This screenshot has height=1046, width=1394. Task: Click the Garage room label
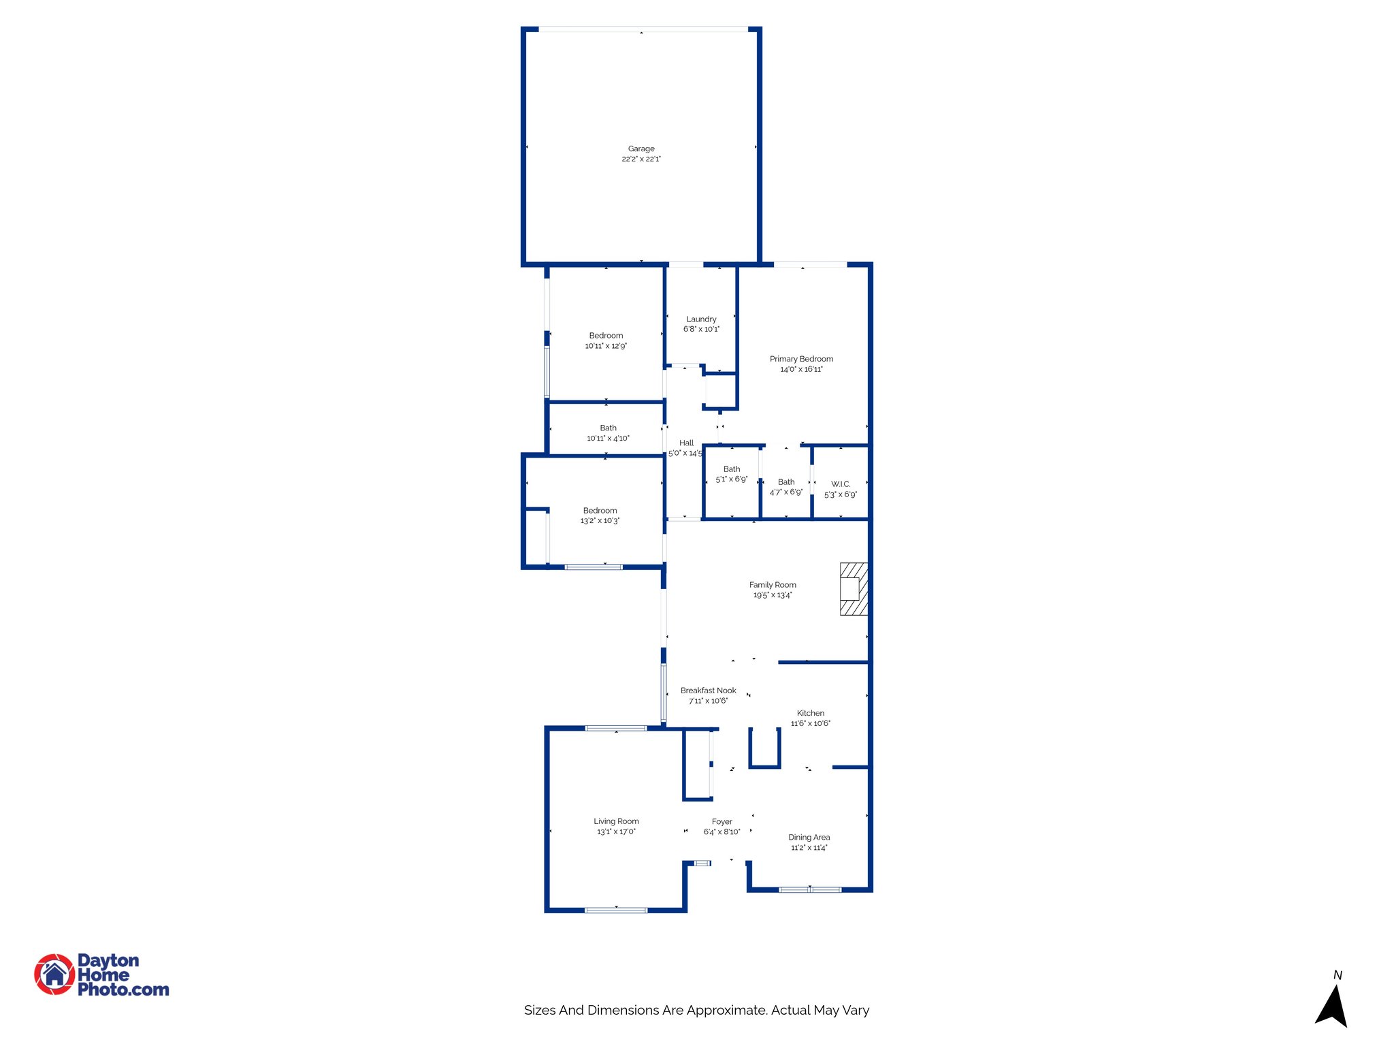641,148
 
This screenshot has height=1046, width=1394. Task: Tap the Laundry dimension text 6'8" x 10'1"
701,330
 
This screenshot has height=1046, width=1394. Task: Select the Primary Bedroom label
801,359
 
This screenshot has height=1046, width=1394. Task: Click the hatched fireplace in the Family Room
854,589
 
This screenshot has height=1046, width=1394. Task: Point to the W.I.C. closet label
841,484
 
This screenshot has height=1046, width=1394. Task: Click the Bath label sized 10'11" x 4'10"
608,428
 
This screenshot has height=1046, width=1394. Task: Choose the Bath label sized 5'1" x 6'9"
732,469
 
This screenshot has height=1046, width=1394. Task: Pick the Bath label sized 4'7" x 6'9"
786,482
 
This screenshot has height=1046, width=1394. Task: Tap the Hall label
686,443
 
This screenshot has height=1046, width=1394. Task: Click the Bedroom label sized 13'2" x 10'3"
600,511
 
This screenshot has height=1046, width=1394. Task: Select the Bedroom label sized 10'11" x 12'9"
606,336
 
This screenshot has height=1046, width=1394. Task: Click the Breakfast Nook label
708,691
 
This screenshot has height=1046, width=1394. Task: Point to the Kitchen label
810,714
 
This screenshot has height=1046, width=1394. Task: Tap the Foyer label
722,822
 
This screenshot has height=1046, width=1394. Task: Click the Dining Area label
809,838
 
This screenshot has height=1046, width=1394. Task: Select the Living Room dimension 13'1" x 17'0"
616,832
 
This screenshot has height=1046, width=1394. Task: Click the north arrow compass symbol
1332,1005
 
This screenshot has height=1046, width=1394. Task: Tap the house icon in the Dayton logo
54,974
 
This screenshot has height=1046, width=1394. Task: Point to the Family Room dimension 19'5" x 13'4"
772,595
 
